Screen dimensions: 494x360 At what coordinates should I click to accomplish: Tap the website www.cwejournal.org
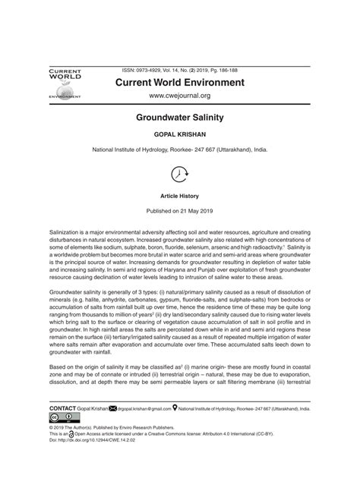click(179, 96)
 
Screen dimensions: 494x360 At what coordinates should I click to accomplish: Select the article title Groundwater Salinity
click(180, 119)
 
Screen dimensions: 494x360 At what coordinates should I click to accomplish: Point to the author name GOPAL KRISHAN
click(180, 137)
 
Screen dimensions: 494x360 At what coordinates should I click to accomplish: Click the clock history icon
click(180, 174)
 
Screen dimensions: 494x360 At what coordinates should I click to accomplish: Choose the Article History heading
click(180, 195)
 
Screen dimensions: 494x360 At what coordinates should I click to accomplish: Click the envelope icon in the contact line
click(113, 408)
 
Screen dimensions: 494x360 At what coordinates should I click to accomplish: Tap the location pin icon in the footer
click(175, 408)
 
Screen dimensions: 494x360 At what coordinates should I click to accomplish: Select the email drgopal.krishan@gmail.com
click(144, 408)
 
